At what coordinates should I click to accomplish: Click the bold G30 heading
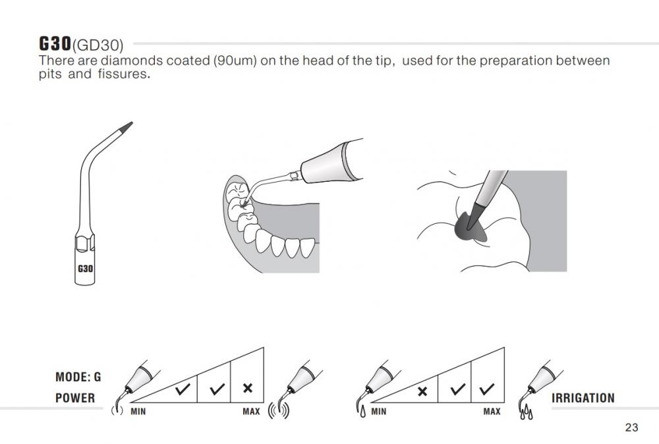pyautogui.click(x=55, y=43)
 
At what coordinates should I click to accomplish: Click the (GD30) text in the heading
pyautogui.click(x=98, y=45)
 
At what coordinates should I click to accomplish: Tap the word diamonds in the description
pyautogui.click(x=132, y=61)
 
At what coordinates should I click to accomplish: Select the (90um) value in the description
pyautogui.click(x=235, y=61)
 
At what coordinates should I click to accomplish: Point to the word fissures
pyautogui.click(x=124, y=74)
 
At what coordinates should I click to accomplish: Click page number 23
pyautogui.click(x=632, y=427)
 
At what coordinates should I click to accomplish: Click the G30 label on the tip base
pyautogui.click(x=85, y=268)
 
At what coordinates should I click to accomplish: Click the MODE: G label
pyautogui.click(x=78, y=377)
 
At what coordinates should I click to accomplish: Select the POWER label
pyautogui.click(x=75, y=398)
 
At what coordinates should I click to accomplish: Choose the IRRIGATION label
pyautogui.click(x=583, y=398)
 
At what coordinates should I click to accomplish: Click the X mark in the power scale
pyautogui.click(x=248, y=388)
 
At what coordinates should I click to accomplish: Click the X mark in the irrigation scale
pyautogui.click(x=422, y=391)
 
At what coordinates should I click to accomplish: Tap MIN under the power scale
pyautogui.click(x=138, y=412)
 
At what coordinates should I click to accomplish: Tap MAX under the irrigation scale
pyautogui.click(x=492, y=412)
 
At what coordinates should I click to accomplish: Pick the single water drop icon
pyautogui.click(x=362, y=412)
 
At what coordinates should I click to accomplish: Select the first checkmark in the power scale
pyautogui.click(x=183, y=389)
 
